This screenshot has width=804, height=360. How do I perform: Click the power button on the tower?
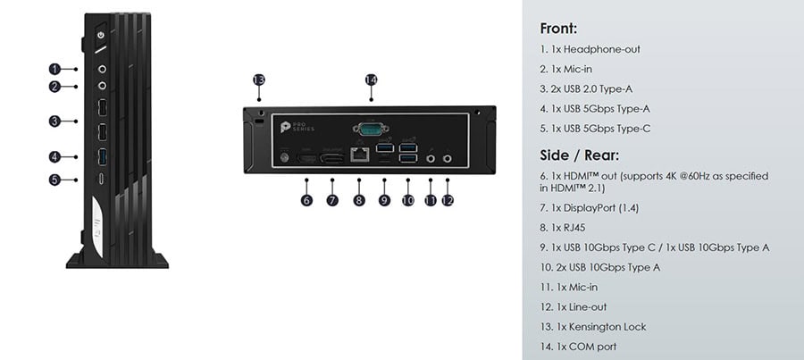(x=101, y=35)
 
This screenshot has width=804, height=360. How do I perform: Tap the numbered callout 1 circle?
(x=54, y=69)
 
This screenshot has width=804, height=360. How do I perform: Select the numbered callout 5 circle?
(x=54, y=180)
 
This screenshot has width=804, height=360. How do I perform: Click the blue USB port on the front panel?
(x=102, y=156)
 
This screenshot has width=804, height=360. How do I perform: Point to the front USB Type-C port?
(x=102, y=179)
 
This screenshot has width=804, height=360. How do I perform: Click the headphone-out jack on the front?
(x=102, y=69)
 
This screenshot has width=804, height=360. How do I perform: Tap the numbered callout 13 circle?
(x=259, y=80)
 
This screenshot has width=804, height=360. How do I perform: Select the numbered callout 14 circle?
(x=371, y=80)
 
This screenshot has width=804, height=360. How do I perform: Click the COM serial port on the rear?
(x=371, y=129)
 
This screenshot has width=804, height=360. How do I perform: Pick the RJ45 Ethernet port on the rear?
(x=359, y=154)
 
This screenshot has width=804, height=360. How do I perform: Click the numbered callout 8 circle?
(x=359, y=199)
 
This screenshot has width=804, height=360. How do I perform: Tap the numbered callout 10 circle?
(x=407, y=199)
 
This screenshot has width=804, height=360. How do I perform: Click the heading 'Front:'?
(x=558, y=29)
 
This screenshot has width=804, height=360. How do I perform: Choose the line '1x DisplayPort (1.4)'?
(x=595, y=207)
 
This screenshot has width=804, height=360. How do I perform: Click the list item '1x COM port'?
(x=586, y=347)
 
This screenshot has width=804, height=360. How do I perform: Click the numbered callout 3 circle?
(x=54, y=121)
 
